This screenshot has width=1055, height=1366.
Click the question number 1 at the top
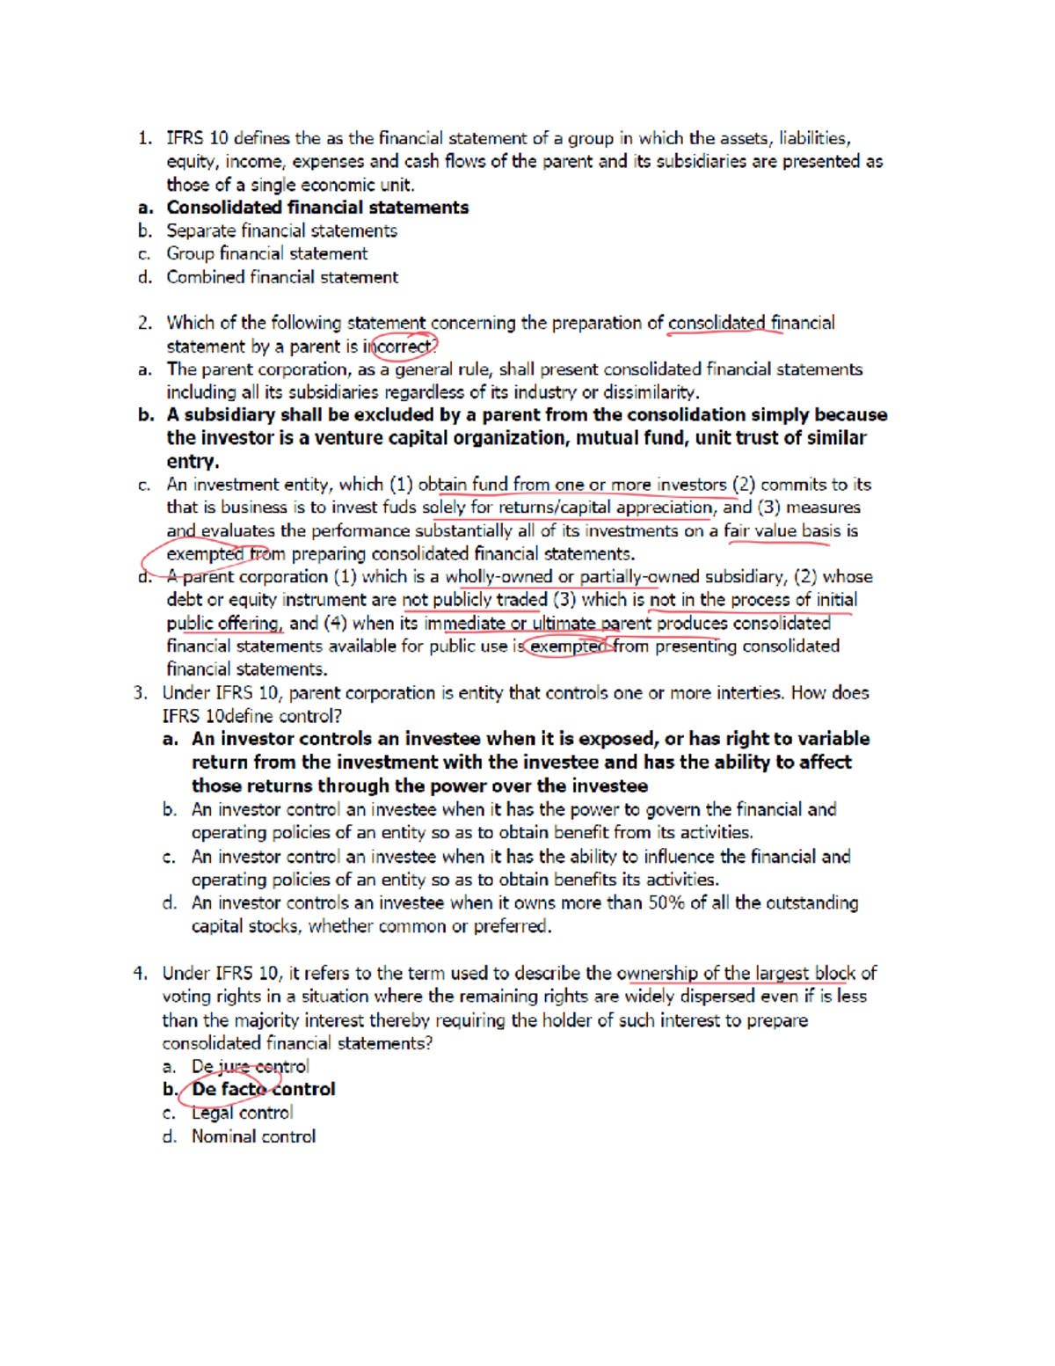click(x=143, y=138)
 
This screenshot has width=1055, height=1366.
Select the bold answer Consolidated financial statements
click(x=317, y=208)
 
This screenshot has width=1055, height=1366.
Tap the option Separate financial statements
click(x=281, y=230)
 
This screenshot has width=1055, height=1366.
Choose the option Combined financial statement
click(x=282, y=277)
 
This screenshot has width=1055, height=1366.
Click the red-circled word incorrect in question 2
click(x=403, y=347)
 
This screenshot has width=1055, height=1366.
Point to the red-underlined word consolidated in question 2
click(x=717, y=323)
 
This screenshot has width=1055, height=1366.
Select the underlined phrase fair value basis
click(x=782, y=530)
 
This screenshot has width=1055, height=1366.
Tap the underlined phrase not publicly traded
click(x=475, y=600)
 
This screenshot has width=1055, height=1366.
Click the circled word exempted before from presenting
click(x=568, y=646)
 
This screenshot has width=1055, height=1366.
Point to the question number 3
click(x=140, y=693)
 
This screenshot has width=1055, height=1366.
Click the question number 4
click(x=140, y=973)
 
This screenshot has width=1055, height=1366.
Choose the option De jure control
click(x=251, y=1066)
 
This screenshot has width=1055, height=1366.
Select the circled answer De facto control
click(x=263, y=1089)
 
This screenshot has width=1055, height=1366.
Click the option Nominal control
click(x=253, y=1136)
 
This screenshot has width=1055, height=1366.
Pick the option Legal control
click(x=242, y=1113)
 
